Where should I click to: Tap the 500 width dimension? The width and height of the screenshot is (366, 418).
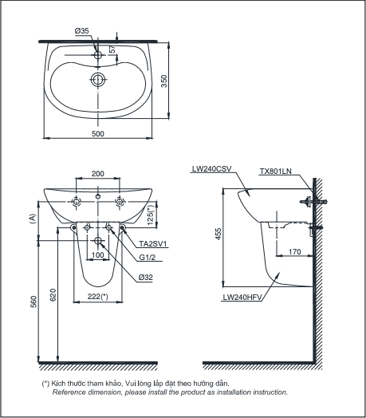click(x=98, y=135)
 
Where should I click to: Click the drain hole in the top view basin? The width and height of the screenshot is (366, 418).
click(x=98, y=80)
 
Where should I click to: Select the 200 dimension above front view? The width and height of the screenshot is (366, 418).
click(x=98, y=174)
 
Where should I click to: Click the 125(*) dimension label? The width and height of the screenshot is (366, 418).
click(x=152, y=213)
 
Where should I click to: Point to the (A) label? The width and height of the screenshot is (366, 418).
click(x=33, y=218)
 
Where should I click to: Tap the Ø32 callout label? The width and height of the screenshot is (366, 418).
click(x=146, y=277)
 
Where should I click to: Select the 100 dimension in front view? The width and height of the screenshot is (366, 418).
click(x=98, y=254)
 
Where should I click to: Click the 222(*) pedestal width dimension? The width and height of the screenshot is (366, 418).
click(x=98, y=297)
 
